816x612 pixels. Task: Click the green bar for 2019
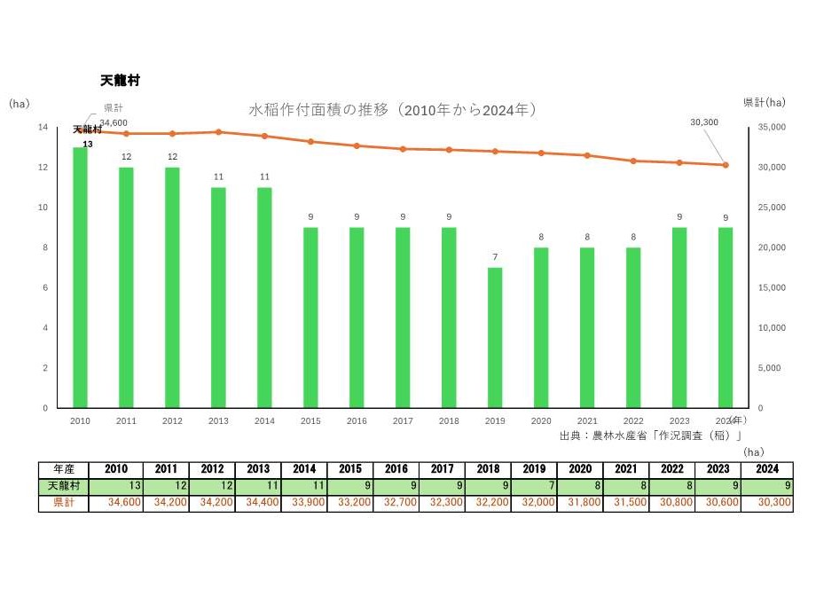pos(495,337)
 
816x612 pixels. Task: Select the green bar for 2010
pos(80,277)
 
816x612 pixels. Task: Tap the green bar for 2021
pos(587,327)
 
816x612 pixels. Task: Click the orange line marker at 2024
pos(726,165)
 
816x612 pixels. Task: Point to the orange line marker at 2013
pos(218,132)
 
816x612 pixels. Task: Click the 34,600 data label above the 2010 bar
pos(114,122)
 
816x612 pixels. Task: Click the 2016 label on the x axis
pos(357,421)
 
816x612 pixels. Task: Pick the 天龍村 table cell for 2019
pos(535,486)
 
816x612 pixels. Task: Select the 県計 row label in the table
pos(63,503)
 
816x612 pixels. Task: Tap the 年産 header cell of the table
pos(63,469)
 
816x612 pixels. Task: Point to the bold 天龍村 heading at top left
pos(120,81)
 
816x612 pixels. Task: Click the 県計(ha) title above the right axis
pos(764,103)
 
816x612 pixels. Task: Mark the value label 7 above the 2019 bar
pos(495,258)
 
